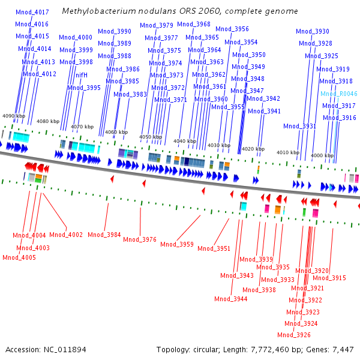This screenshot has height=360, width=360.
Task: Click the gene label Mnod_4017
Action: (32, 11)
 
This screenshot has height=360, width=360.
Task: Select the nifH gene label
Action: (82, 75)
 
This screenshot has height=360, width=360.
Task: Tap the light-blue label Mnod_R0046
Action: (339, 94)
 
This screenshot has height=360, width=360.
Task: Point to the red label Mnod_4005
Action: (19, 257)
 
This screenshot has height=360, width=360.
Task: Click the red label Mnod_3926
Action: (294, 335)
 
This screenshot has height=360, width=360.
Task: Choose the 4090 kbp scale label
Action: (14, 116)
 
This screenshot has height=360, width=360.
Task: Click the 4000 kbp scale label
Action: (322, 155)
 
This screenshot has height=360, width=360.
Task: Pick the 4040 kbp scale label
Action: (185, 142)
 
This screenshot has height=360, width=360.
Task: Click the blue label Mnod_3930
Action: (312, 31)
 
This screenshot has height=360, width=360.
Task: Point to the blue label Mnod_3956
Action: (232, 29)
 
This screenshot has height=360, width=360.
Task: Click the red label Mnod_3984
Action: (104, 235)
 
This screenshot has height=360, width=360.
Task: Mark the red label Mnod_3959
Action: (177, 244)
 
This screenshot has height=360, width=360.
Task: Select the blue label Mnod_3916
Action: (340, 118)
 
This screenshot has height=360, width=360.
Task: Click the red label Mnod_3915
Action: (329, 278)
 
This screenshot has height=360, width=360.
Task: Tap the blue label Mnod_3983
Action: (130, 94)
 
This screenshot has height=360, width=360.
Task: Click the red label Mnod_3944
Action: (230, 299)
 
